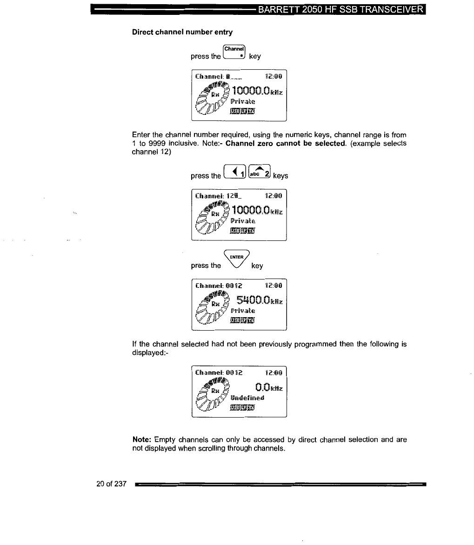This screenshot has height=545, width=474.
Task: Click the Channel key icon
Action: click(x=235, y=53)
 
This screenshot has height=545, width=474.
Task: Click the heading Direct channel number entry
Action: click(x=182, y=32)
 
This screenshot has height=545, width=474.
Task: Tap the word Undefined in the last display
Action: click(x=247, y=398)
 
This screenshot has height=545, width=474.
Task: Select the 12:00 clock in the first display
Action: click(x=273, y=75)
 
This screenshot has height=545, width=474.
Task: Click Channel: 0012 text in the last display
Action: click(x=219, y=372)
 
